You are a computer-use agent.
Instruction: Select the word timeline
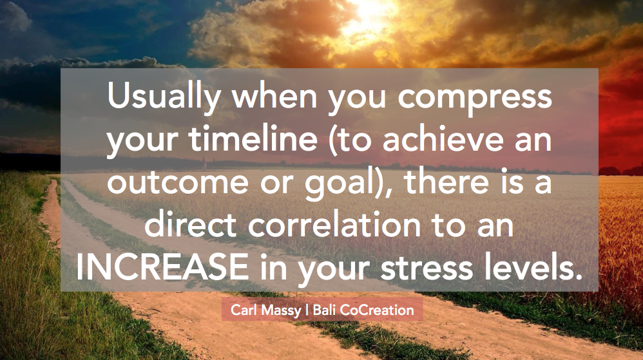pyautogui.click(x=253, y=138)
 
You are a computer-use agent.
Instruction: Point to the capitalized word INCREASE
pyautogui.click(x=162, y=267)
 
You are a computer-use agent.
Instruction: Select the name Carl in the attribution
pyautogui.click(x=244, y=310)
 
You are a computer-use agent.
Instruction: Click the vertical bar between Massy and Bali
pyautogui.click(x=307, y=310)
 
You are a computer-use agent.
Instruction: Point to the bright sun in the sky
pyautogui.click(x=371, y=12)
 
